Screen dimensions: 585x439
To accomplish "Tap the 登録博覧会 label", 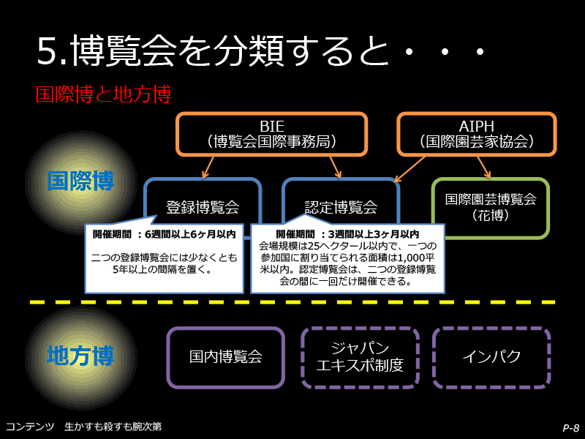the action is tap(203, 207).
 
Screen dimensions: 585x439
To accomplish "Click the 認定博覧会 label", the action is tap(341, 207).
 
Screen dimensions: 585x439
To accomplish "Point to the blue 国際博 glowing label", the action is tap(80, 181).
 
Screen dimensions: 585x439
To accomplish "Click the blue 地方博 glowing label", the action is tap(80, 356).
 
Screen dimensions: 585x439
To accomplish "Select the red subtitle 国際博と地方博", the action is tap(103, 94).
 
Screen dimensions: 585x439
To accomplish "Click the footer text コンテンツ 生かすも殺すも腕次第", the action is tap(83, 427).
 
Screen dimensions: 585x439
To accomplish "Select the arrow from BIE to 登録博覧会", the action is tap(208, 167).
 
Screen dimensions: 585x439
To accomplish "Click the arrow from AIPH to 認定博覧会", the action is tap(409, 169).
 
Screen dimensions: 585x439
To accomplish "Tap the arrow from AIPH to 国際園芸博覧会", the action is tap(484, 167).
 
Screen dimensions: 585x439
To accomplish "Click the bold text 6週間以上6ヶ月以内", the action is tap(190, 234).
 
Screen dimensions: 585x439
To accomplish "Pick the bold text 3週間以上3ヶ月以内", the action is tap(374, 234).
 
